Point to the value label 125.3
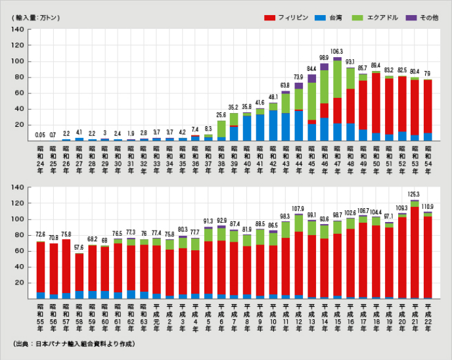[x=415, y=194]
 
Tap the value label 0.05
[x=41, y=135]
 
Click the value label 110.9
[x=427, y=206]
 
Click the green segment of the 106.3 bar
[x=337, y=79]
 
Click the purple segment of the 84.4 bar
[x=311, y=79]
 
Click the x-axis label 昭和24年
[x=41, y=158]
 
